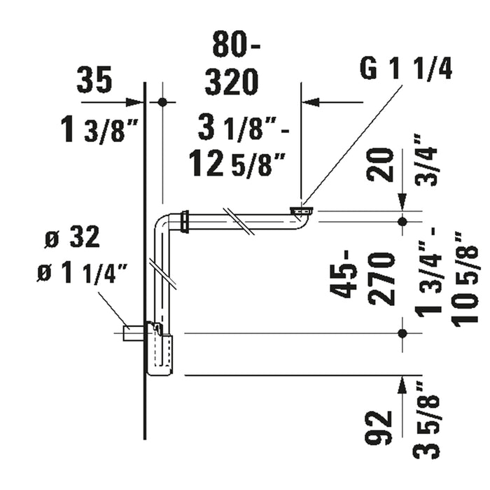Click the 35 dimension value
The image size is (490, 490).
(x=94, y=80)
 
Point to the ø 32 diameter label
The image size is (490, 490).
(x=73, y=237)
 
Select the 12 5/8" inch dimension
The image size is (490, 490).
(x=238, y=163)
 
